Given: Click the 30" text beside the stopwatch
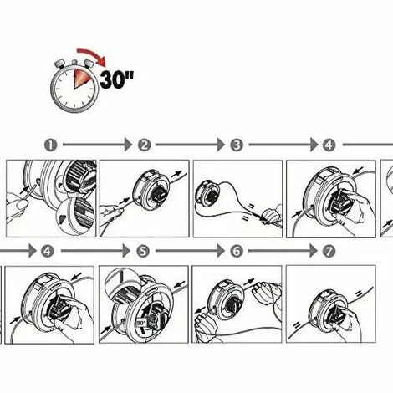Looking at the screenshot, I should [118, 80].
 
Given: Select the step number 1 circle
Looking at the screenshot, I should [52, 145].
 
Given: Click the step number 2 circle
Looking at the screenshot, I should [145, 145].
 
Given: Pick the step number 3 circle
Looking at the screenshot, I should [237, 145].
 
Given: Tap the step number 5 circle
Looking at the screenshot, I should [143, 250].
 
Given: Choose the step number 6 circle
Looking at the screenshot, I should [237, 250].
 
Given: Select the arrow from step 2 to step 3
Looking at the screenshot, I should [191, 145].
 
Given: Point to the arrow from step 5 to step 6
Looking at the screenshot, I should [190, 250].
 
